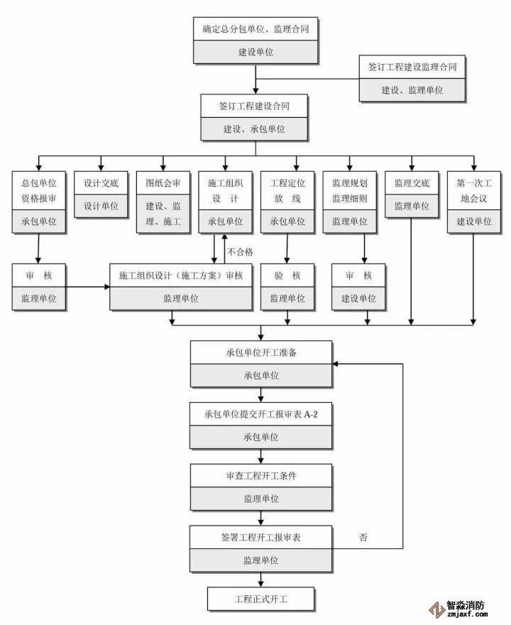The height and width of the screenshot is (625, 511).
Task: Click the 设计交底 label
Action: coord(101,183)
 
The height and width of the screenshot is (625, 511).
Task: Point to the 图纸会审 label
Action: coord(163,183)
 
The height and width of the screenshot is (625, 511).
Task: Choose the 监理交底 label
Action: coord(412,183)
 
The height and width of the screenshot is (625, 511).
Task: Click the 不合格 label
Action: coord(241,251)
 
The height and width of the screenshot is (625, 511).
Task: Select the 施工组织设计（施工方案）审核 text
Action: coord(181,276)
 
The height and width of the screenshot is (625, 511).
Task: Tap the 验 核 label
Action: coord(287,276)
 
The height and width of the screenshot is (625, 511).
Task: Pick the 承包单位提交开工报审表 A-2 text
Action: coord(260,414)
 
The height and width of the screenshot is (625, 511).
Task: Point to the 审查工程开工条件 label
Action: coord(260,475)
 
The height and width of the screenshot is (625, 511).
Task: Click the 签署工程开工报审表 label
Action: coord(260,537)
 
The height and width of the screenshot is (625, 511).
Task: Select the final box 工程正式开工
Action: coord(260,599)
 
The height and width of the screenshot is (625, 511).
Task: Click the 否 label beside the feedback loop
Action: coord(363,538)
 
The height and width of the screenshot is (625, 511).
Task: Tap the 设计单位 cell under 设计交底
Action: coord(101,206)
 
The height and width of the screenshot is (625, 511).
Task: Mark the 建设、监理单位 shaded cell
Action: coord(412,90)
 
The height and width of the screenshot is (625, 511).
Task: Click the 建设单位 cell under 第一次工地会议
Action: coord(473,222)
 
